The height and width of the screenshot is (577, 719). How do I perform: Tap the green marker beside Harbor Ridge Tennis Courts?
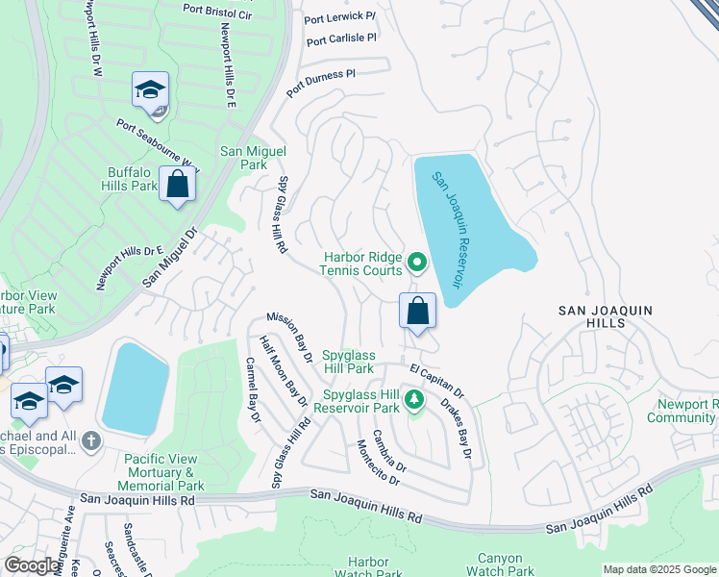(x=417, y=262)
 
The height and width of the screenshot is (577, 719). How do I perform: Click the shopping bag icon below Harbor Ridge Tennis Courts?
(x=417, y=311)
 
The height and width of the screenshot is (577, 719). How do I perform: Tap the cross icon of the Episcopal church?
(x=91, y=441)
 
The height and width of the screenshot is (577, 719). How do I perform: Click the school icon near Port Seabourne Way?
(x=151, y=90)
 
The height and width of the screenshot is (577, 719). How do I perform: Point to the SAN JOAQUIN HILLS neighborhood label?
(x=607, y=316)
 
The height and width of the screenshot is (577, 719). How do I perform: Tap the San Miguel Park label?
(x=243, y=158)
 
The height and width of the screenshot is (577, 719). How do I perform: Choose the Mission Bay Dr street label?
(x=289, y=337)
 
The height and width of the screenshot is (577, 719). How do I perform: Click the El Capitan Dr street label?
(x=436, y=380)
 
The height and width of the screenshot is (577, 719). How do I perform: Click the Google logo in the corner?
(x=33, y=565)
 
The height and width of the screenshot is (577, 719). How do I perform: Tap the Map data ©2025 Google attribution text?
(x=658, y=569)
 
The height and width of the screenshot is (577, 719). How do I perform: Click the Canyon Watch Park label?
(x=500, y=564)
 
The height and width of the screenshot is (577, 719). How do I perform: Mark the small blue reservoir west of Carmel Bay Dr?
(x=136, y=388)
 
